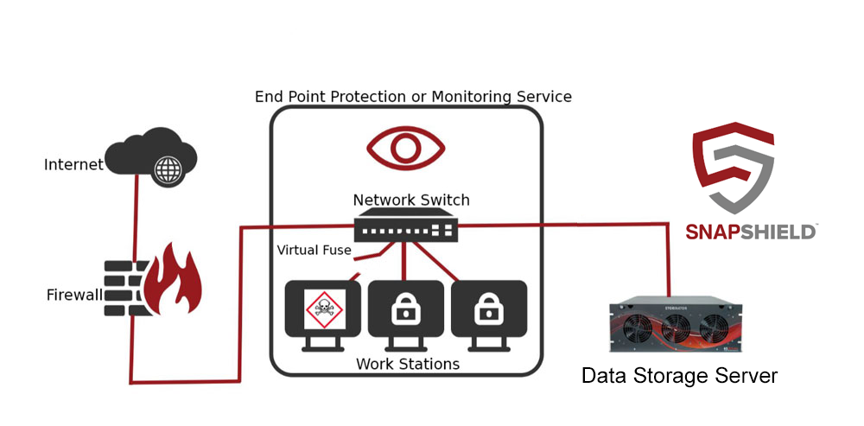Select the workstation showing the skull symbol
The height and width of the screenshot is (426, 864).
tap(322, 311)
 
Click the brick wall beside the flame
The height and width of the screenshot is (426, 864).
tap(126, 283)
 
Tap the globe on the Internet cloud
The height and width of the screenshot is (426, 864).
tap(166, 170)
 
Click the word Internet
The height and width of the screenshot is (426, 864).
tap(73, 164)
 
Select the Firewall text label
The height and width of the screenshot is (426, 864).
tap(74, 296)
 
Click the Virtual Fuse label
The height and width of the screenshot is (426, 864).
tap(314, 251)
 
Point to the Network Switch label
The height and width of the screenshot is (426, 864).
tap(411, 200)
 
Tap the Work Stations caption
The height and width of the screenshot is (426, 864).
tap(408, 365)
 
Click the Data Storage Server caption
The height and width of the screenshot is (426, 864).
tap(679, 376)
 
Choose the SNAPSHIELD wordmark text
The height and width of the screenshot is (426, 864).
tap(750, 231)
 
